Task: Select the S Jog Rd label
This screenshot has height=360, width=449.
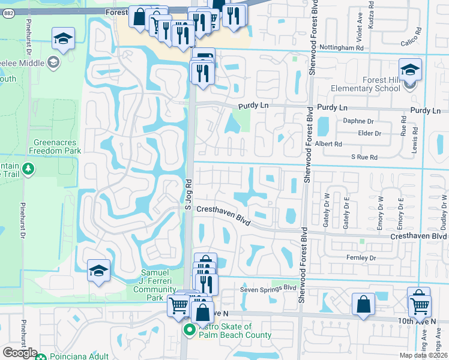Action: (x=187, y=194)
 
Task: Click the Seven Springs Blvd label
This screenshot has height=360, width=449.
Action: (x=268, y=287)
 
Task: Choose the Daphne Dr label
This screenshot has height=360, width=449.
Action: (x=358, y=121)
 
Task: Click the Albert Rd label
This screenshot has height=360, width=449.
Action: (x=330, y=144)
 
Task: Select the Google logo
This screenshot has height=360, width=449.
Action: (x=20, y=352)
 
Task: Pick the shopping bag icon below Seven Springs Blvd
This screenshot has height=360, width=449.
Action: (x=364, y=305)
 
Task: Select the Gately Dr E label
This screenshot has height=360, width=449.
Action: (x=346, y=214)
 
